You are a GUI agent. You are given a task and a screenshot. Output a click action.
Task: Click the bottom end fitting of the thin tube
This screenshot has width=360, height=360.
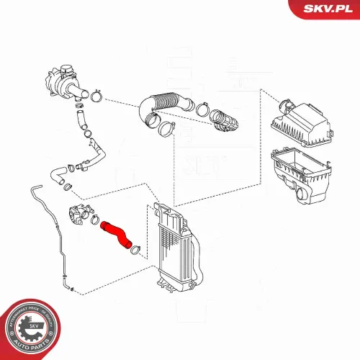click(x=69, y=287)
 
